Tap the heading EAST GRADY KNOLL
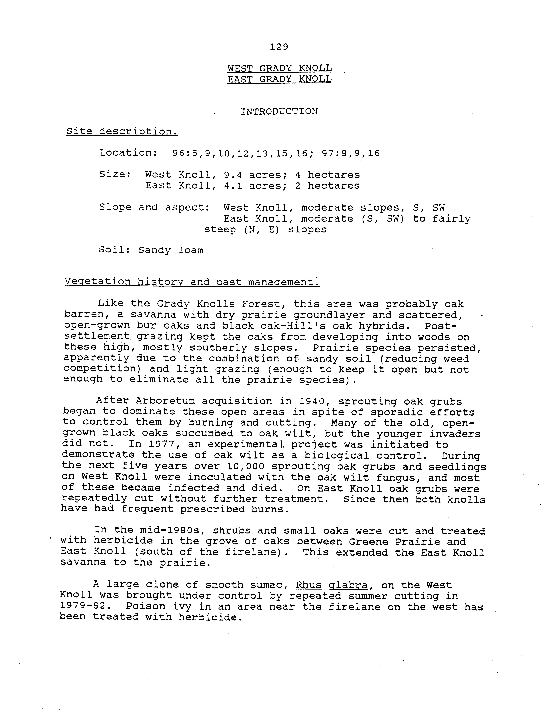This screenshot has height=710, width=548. [279, 79]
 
